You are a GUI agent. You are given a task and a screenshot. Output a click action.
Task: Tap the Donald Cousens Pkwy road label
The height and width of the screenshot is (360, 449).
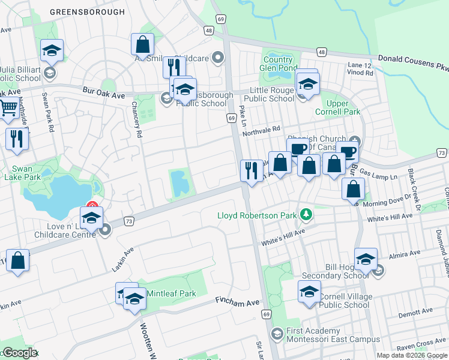coord(412,62)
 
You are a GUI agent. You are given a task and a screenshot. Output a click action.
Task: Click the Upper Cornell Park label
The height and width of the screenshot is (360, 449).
coord(338,107)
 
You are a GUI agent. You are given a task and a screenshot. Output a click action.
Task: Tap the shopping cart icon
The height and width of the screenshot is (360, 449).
coord(8,109)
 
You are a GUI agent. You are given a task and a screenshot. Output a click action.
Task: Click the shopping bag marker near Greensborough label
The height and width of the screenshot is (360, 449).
coord(143,44)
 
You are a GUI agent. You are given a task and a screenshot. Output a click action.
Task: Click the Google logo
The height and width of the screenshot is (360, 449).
coord(19,353)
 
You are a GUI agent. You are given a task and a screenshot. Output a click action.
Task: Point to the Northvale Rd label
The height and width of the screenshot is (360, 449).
coord(261,130)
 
